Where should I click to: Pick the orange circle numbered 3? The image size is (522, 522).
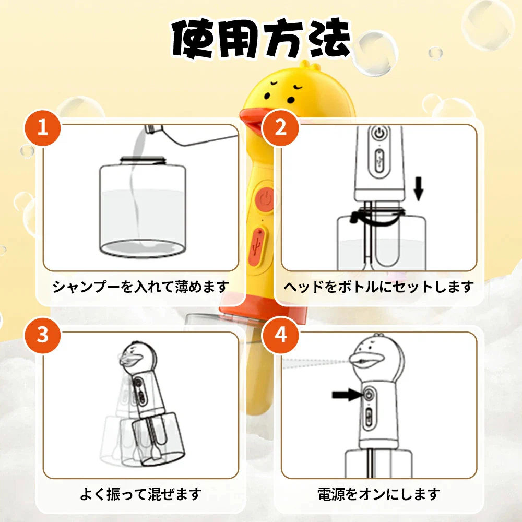[x=43, y=335]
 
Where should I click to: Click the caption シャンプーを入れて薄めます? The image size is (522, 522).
[x=141, y=287]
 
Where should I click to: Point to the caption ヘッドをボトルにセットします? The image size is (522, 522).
[x=379, y=287]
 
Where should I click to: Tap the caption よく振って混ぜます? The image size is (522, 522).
[x=141, y=494]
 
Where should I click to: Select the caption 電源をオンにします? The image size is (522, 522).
[x=379, y=494]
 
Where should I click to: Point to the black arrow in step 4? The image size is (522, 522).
[x=347, y=395]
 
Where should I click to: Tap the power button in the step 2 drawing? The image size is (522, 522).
[x=379, y=133]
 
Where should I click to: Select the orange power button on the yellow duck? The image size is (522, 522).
[x=265, y=199]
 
